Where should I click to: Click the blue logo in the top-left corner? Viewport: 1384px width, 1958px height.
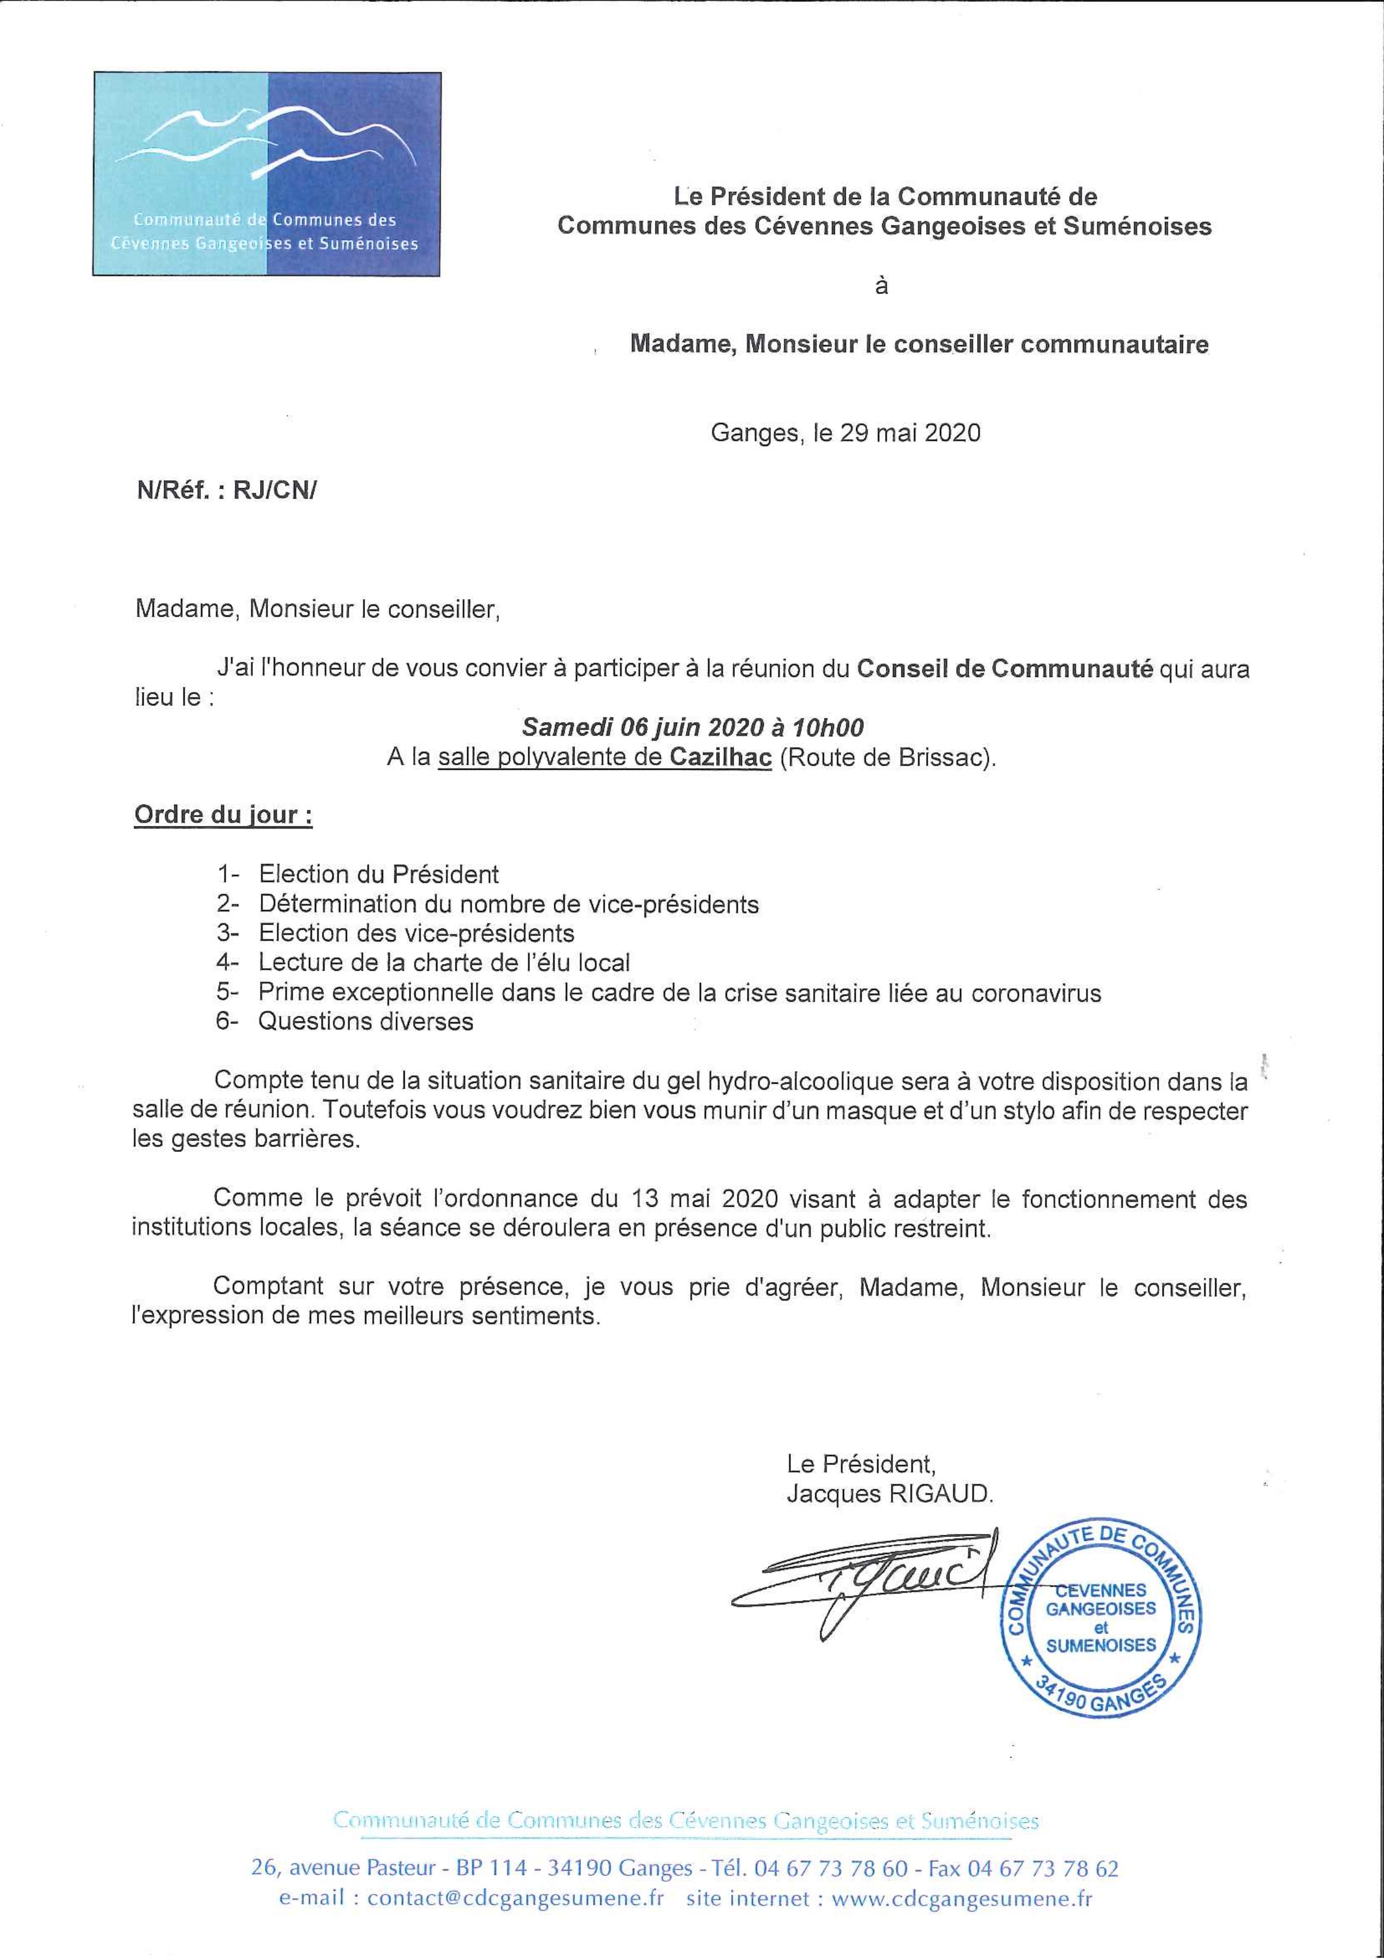[x=266, y=174]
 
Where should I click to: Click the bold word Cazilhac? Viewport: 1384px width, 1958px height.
[x=720, y=757]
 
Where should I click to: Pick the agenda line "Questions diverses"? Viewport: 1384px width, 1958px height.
[x=366, y=1022]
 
